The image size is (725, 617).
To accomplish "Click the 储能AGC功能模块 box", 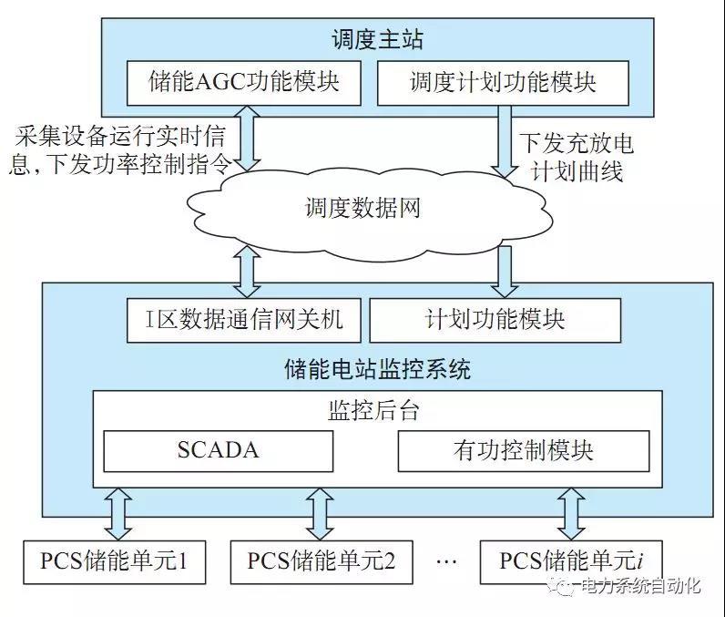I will [243, 82].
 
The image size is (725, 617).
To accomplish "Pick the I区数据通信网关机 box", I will [243, 320].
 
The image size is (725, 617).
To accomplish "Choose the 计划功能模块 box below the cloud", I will [495, 320].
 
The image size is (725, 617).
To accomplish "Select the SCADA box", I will [218, 449].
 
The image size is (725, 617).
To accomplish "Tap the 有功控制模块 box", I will [524, 449].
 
